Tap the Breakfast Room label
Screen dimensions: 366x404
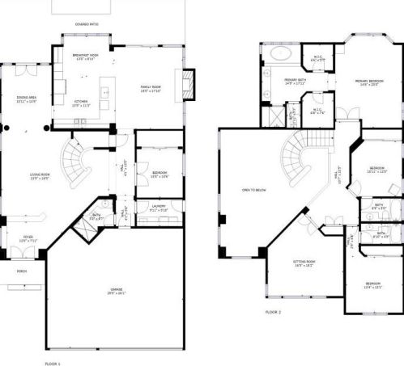tap(84, 56)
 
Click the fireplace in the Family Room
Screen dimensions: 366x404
tap(189, 83)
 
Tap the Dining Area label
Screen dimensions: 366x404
tap(27, 99)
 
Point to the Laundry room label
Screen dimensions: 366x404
tap(159, 208)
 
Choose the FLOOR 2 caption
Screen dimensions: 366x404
tap(274, 311)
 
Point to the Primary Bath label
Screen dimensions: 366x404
tap(295, 81)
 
